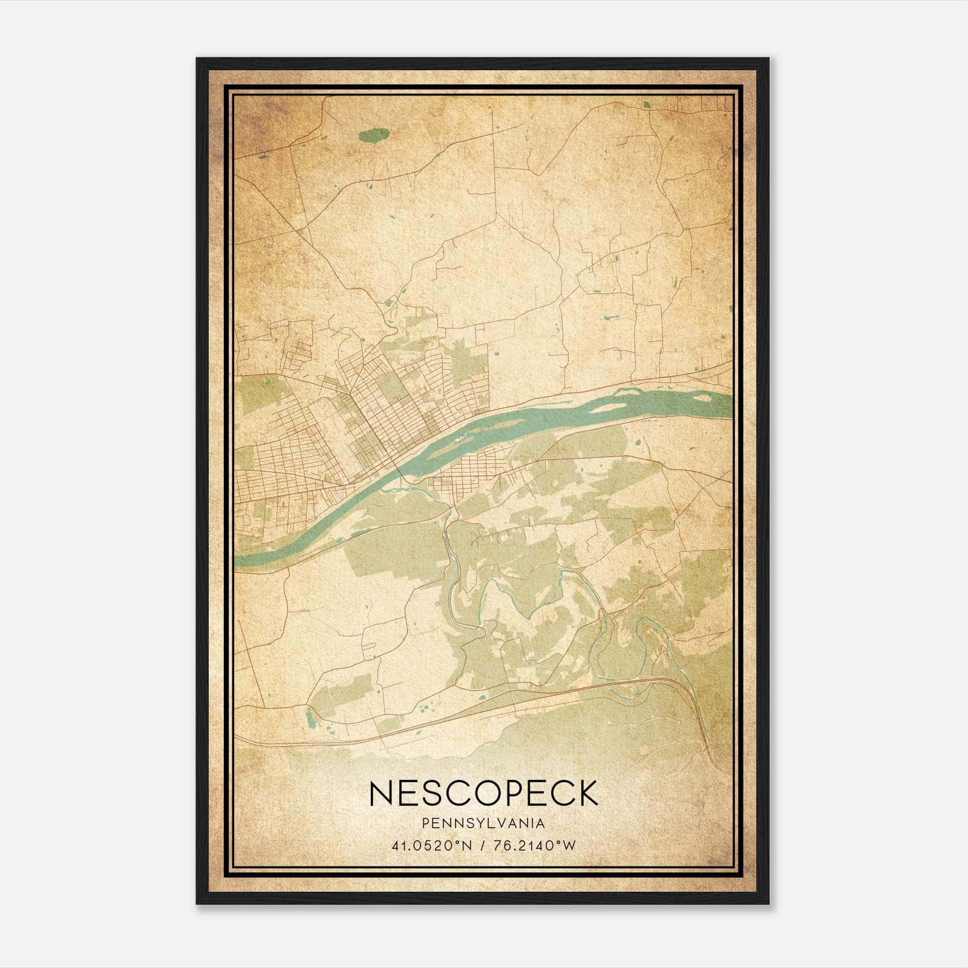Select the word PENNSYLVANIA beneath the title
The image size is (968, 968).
tap(483, 823)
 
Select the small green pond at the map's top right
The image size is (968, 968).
tap(648, 105)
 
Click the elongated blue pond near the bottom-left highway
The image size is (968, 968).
tap(310, 719)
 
